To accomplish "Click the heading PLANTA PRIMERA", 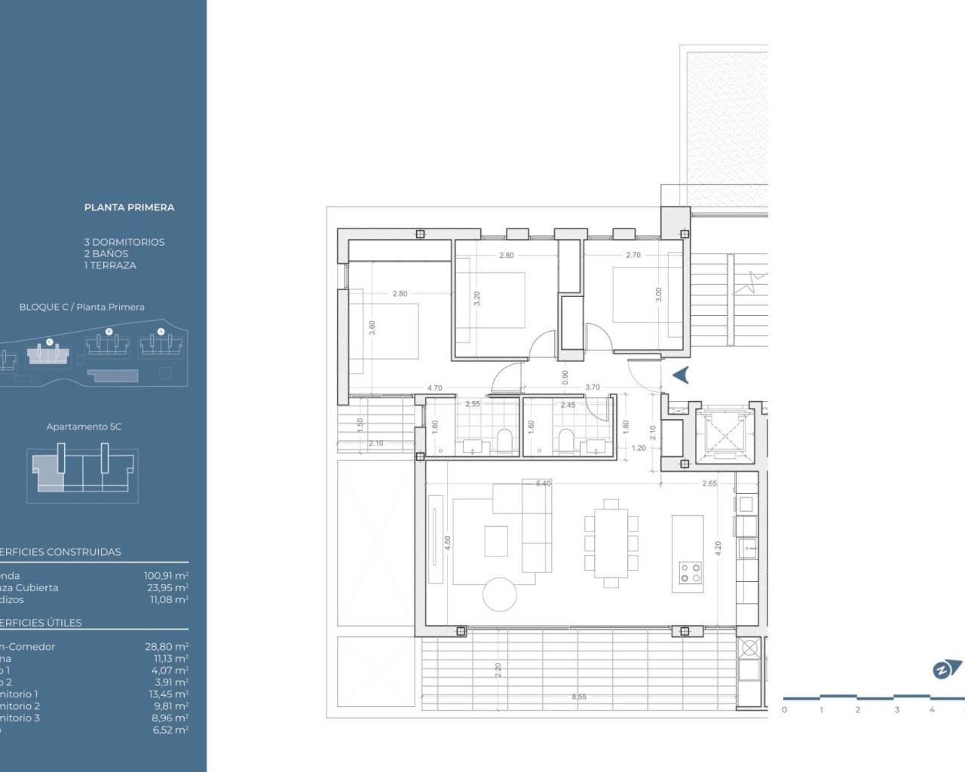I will click(129, 207).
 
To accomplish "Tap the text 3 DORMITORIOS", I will click(124, 242).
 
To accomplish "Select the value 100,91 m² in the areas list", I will click(166, 576).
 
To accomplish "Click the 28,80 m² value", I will click(166, 647).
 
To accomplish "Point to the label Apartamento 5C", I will click(84, 427).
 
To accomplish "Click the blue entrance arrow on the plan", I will click(681, 375).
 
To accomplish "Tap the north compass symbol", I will click(946, 669).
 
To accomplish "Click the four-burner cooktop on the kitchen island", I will click(690, 573).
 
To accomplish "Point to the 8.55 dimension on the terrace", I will click(579, 697).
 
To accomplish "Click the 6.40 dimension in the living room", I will click(543, 484).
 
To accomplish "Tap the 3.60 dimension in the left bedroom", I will click(372, 328).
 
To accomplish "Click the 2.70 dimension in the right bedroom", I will click(633, 256).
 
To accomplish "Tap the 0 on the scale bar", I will click(784, 710).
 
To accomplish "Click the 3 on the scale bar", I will click(896, 710).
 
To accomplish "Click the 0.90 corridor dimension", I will click(565, 375).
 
